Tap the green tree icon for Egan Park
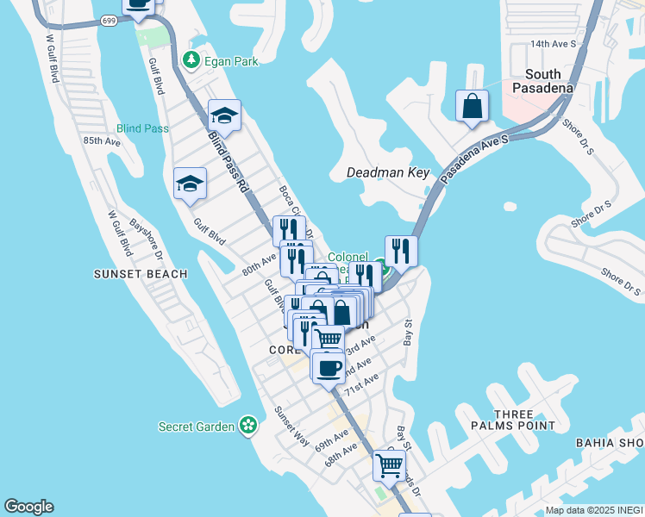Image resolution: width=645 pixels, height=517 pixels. click(191, 60)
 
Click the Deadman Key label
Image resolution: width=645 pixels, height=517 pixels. click(387, 172)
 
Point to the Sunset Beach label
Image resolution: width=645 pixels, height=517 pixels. click(141, 274)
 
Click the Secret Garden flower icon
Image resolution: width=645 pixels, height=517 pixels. click(249, 425)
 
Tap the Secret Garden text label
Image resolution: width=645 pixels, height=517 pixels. click(197, 427)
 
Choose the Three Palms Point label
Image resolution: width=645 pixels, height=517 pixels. click(513, 420)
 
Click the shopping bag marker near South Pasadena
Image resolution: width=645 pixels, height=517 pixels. click(472, 107)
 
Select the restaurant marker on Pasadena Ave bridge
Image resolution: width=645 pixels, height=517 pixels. click(401, 251)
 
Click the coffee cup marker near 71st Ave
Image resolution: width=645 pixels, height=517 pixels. click(328, 368)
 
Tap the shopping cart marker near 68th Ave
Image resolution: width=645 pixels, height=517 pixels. click(390, 465)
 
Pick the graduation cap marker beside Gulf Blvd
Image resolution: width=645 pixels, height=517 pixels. click(190, 183)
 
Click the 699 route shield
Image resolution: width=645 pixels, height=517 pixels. click(109, 18)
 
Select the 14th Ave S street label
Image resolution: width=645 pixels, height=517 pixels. click(552, 43)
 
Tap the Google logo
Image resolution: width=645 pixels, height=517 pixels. click(28, 507)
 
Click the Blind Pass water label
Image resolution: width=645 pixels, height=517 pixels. click(143, 128)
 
